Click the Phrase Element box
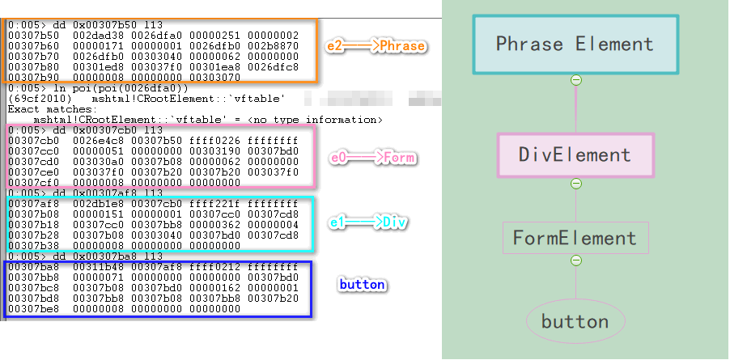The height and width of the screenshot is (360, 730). [575, 44]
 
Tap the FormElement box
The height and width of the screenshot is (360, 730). [575, 238]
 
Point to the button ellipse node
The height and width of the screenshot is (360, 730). [575, 321]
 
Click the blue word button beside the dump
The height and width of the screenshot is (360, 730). [361, 285]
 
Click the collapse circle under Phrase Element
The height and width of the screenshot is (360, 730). [575, 79]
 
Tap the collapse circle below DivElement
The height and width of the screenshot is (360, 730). [575, 184]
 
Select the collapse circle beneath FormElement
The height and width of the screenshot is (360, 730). [575, 260]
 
